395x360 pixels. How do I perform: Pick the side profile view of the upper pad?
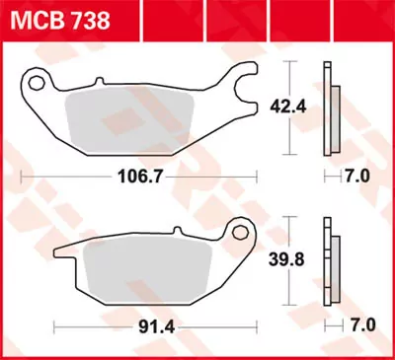click(330, 108)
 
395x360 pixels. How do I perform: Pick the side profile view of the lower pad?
click(330, 261)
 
